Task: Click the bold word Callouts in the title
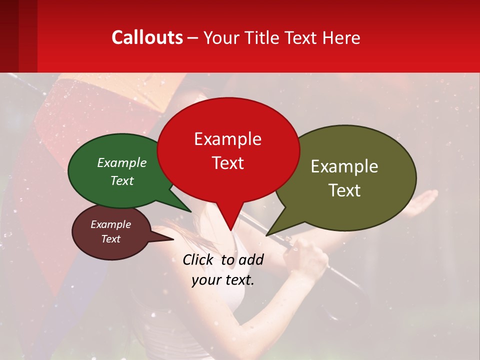(x=147, y=37)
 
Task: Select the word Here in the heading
(x=341, y=38)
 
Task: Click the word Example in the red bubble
(x=227, y=139)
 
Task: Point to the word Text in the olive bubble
(x=344, y=190)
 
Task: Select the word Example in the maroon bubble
(x=110, y=224)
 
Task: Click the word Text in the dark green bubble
(x=121, y=181)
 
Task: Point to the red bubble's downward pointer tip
(x=230, y=230)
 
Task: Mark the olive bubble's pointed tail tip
(x=267, y=234)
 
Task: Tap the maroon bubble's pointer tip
(x=173, y=239)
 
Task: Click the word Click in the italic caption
(x=198, y=259)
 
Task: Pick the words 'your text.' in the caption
(x=222, y=279)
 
